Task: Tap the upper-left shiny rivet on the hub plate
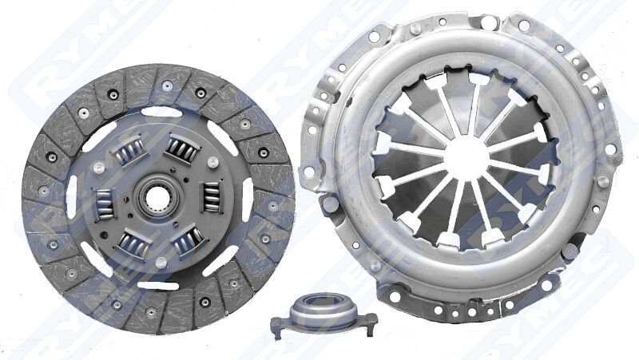[x=97, y=168]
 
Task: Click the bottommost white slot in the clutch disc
[x=160, y=272]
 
